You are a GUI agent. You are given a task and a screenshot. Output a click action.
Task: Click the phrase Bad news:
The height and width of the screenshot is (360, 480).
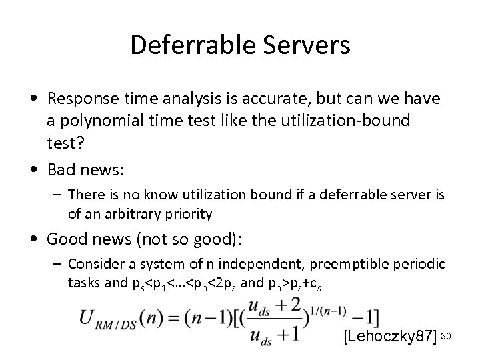coord(85,170)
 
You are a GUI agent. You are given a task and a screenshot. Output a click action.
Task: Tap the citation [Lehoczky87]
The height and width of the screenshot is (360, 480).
coord(389,337)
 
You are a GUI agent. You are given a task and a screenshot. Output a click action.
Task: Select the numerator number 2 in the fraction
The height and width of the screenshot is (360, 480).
coord(285,305)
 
